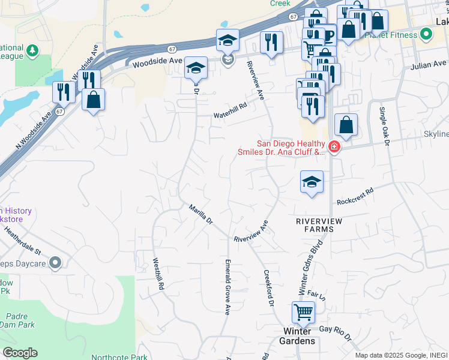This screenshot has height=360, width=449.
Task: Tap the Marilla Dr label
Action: (201, 214)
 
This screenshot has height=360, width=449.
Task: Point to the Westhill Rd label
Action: (158, 274)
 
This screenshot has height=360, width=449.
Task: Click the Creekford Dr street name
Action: (268, 289)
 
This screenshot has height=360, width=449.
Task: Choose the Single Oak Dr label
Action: (384, 127)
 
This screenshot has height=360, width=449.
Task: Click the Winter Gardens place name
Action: (298, 336)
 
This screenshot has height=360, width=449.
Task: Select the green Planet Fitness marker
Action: (427, 35)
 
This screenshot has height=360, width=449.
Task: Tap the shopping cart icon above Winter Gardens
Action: (304, 312)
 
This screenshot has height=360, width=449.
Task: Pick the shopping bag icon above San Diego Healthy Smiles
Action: (346, 125)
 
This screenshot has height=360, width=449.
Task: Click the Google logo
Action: (20, 353)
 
